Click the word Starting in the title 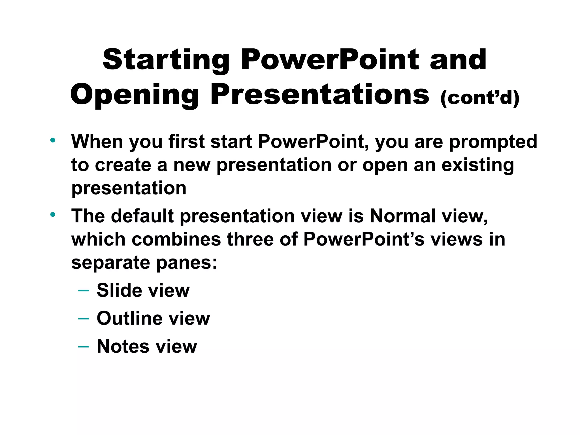click(x=166, y=60)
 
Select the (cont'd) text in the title click(x=480, y=98)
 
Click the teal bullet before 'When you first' click(x=52, y=140)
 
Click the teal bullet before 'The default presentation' click(x=52, y=214)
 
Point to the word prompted click(x=493, y=142)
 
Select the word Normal click(x=403, y=216)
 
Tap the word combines click(x=176, y=239)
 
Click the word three click(x=250, y=239)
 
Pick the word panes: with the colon click(x=187, y=263)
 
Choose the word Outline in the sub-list click(x=129, y=318)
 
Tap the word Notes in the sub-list click(x=123, y=346)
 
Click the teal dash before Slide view click(x=84, y=291)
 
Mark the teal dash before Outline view click(x=84, y=319)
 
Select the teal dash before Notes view click(x=84, y=346)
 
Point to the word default click(x=142, y=216)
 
